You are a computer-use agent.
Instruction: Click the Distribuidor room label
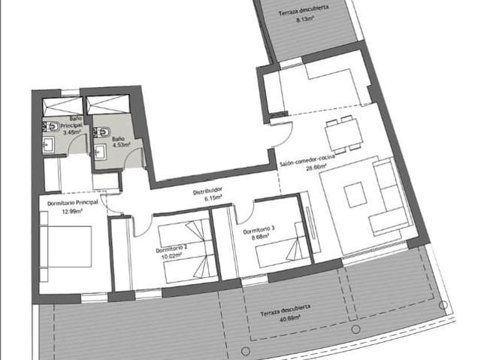(x=207, y=191)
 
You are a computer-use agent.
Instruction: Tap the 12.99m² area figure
(x=72, y=211)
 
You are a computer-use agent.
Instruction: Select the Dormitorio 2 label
(x=171, y=250)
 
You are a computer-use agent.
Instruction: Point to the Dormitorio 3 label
(x=259, y=230)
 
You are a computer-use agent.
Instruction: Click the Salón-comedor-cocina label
(x=307, y=160)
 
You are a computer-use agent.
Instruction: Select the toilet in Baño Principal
(x=51, y=126)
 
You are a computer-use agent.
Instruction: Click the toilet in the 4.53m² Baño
(x=101, y=132)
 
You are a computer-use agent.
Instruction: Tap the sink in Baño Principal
(x=48, y=145)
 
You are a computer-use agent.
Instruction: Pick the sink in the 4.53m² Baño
(x=100, y=152)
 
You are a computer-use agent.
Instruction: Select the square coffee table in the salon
(x=355, y=195)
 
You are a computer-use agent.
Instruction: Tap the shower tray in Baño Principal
(x=62, y=107)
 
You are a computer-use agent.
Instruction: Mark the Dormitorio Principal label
(x=73, y=203)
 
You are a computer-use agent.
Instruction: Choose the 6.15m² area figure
(x=213, y=198)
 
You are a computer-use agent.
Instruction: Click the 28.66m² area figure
(x=316, y=168)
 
